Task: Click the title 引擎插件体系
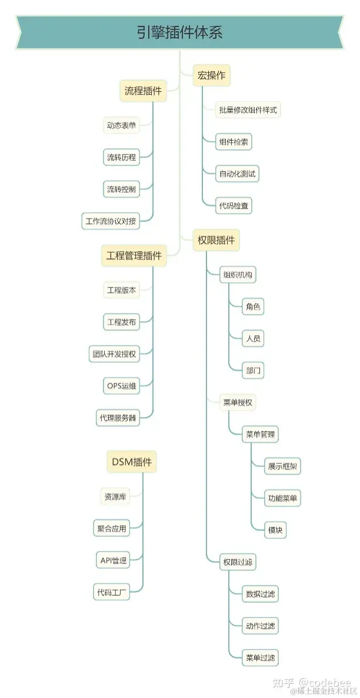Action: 179,32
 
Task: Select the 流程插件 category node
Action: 143,91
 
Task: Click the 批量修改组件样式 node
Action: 248,110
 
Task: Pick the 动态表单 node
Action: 122,125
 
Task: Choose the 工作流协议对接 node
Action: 111,221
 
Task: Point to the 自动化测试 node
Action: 238,174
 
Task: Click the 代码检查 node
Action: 234,206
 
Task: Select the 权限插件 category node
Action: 216,240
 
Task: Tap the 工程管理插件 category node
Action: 134,256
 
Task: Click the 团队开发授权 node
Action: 114,354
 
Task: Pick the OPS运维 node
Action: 122,386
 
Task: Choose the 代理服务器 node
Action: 117,418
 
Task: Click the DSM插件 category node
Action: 132,462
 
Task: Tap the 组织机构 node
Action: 238,275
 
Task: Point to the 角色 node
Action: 254,306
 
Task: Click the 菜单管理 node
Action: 259,435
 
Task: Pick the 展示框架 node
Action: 284,466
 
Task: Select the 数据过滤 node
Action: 260,594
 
